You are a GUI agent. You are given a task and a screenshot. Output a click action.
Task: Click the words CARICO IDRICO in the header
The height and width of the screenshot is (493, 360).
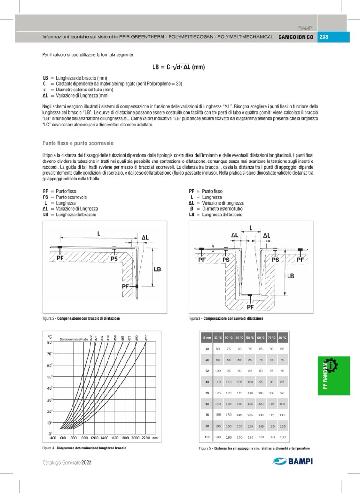pyautogui.click(x=296, y=37)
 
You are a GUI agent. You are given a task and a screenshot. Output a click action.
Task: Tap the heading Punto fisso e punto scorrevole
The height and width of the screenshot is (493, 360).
pyautogui.click(x=78, y=143)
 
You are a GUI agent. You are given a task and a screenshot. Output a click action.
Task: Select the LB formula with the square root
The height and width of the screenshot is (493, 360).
pyautogui.click(x=178, y=67)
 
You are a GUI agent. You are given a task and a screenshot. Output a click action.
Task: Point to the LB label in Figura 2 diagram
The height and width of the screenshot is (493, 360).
pyautogui.click(x=157, y=269)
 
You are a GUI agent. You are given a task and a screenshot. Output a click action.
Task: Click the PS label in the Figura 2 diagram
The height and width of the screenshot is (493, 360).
pyautogui.click(x=114, y=259)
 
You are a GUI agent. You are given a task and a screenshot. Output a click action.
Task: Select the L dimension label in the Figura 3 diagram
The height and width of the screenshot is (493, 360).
pyautogui.click(x=250, y=227)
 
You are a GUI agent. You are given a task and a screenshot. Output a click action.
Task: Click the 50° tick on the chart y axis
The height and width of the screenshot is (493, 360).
pyautogui.click(x=49, y=377)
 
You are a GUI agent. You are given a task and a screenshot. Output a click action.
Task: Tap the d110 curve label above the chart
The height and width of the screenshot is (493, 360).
pyautogui.click(x=146, y=337)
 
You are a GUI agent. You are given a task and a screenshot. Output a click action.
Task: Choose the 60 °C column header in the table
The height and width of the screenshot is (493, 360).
pyautogui.click(x=261, y=338)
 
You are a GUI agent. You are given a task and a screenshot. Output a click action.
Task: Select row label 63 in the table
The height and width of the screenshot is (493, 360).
pyautogui.click(x=207, y=404)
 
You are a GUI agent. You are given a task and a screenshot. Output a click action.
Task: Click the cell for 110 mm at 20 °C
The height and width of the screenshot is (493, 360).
pyautogui.click(x=218, y=437)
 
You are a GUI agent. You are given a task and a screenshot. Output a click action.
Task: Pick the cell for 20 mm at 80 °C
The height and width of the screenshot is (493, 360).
pyautogui.click(x=282, y=349)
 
